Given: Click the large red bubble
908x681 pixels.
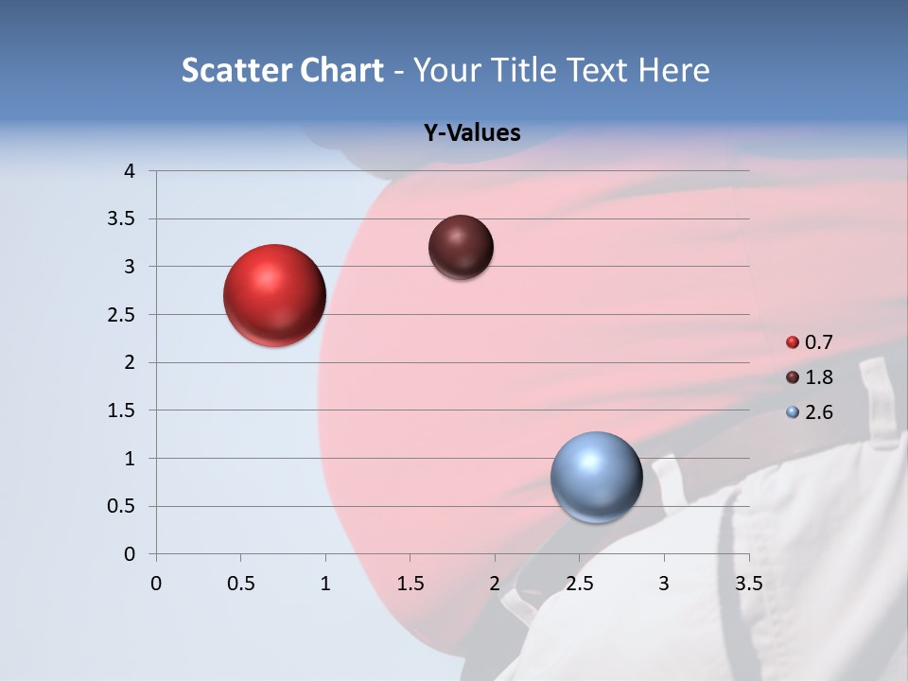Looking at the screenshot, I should [x=275, y=295].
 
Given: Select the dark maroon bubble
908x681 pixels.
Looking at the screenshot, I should [x=461, y=247].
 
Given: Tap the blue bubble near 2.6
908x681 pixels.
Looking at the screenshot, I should [x=596, y=478].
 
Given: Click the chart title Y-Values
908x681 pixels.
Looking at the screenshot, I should [x=471, y=133].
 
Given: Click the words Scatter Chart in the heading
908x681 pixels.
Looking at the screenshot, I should [x=282, y=70].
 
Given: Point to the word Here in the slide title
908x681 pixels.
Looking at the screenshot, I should [x=672, y=70].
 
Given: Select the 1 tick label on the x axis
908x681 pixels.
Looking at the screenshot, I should [x=325, y=584].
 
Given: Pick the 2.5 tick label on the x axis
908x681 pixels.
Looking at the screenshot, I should [x=579, y=584].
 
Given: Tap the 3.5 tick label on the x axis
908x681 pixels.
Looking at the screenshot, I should [x=748, y=584].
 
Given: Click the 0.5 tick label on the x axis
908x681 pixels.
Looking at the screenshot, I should [x=240, y=584].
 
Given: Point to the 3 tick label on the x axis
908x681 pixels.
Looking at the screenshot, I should [x=664, y=584].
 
